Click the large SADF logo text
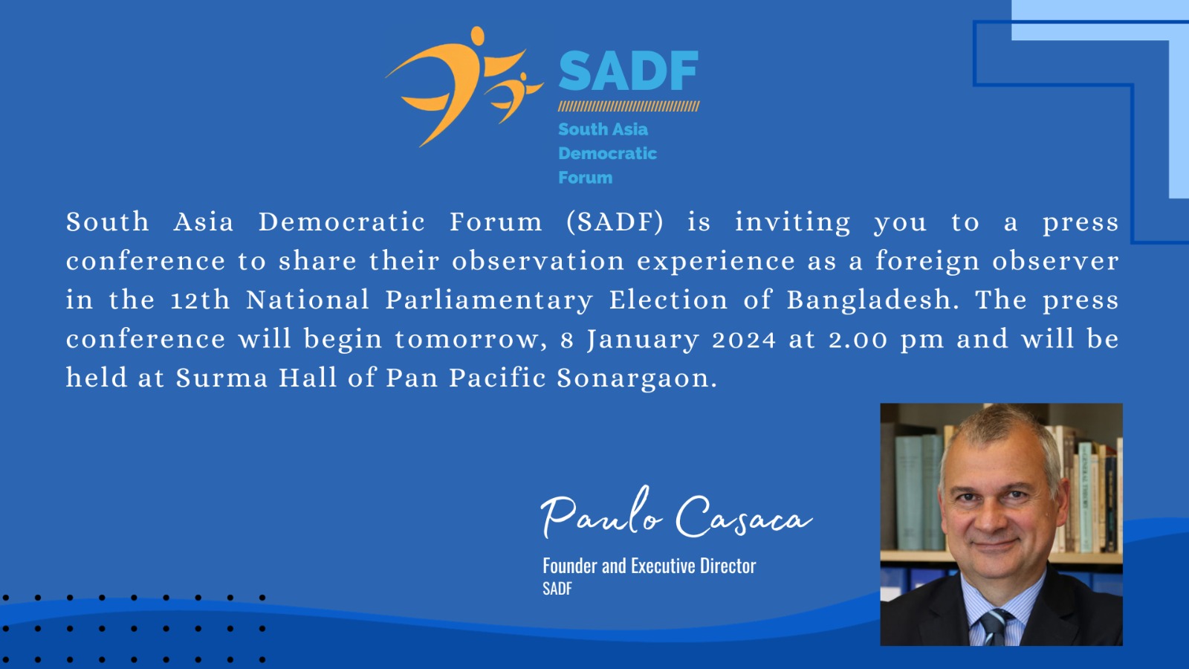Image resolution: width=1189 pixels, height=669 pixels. (x=629, y=71)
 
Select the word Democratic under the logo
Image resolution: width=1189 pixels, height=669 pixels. (x=607, y=153)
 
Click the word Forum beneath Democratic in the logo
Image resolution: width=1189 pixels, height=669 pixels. (x=585, y=178)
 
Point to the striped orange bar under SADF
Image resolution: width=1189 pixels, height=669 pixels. (x=629, y=106)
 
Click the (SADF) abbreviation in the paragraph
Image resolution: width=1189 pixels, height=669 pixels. (x=615, y=222)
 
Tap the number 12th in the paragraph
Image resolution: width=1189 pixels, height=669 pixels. (x=201, y=300)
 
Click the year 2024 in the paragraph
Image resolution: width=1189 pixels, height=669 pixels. (x=744, y=340)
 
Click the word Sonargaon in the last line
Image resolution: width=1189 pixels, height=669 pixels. (x=637, y=378)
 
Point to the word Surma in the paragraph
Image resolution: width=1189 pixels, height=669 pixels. (x=222, y=378)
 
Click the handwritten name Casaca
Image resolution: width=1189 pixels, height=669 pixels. (x=744, y=517)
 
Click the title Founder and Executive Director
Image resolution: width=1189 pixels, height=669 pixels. (x=649, y=566)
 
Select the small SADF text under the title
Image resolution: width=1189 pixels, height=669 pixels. (x=557, y=589)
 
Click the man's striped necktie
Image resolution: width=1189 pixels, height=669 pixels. (x=994, y=627)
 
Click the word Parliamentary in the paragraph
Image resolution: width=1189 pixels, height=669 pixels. (x=489, y=300)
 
